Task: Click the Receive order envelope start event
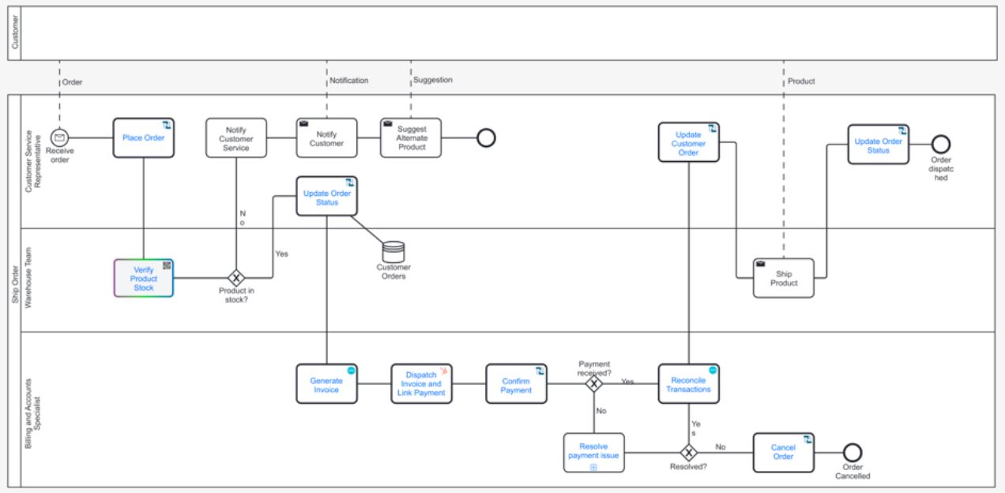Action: tap(59, 138)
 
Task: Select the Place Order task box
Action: tap(143, 138)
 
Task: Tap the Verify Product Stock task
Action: tap(143, 278)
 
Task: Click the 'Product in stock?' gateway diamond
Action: tap(235, 278)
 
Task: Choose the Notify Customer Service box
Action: tap(236, 138)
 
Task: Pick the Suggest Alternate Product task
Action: tap(411, 138)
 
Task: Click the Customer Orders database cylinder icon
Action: tap(393, 251)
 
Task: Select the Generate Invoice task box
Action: tap(326, 384)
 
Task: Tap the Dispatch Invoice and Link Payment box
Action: tap(422, 384)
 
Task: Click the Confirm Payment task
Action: tap(516, 384)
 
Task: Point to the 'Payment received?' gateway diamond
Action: tap(593, 384)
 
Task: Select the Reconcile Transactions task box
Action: tap(688, 384)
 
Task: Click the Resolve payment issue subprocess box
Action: tap(593, 453)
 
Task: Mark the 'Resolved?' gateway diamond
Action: tap(688, 453)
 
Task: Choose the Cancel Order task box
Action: tap(783, 453)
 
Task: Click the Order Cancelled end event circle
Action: tap(853, 453)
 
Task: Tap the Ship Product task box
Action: tap(783, 278)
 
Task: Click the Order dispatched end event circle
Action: tap(940, 144)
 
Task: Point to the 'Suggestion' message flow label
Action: tap(433, 81)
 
